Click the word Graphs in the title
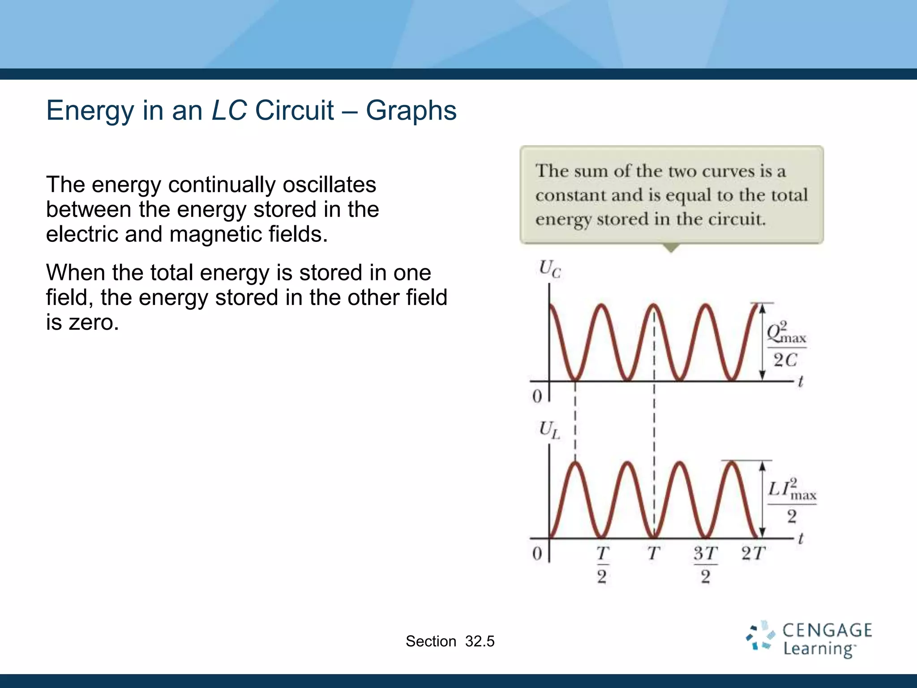pos(411,111)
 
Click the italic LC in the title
pos(229,110)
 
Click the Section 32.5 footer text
pos(450,641)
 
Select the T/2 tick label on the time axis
pos(602,564)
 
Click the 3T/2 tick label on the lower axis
pos(705,564)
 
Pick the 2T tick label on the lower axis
pos(753,554)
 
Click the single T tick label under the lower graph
pos(653,554)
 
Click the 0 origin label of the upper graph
pos(537,396)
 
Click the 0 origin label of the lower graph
pos(537,554)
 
